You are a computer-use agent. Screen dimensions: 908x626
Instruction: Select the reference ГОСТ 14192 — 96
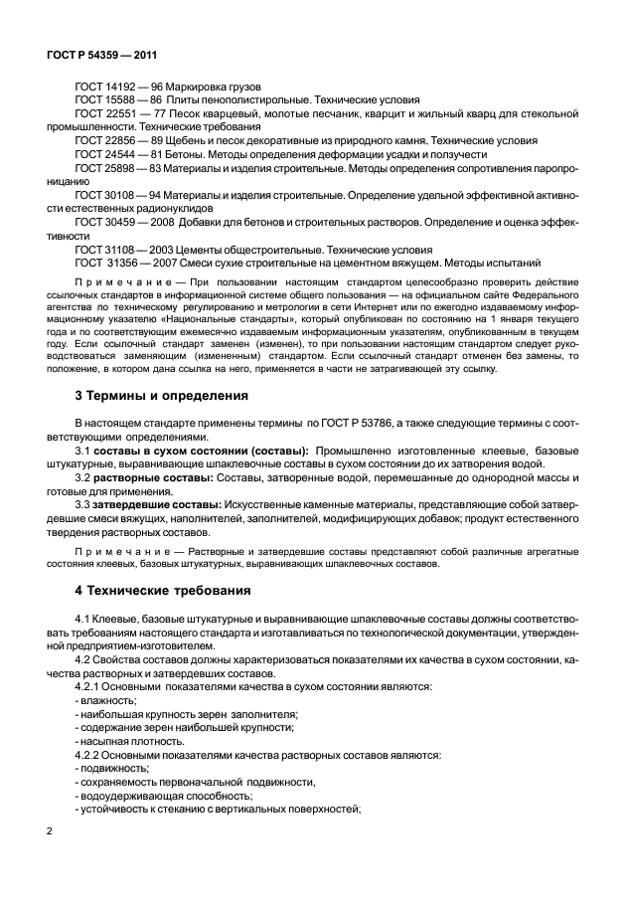click(x=116, y=86)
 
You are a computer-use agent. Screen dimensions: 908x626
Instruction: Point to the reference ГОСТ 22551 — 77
click(x=116, y=113)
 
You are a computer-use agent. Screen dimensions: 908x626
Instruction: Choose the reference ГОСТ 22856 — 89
click(x=116, y=141)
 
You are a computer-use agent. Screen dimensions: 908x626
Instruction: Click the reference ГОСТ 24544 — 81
click(x=116, y=155)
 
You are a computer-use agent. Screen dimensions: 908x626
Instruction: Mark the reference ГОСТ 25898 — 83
click(x=116, y=169)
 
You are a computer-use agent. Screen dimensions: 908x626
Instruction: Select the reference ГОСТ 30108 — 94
click(x=116, y=196)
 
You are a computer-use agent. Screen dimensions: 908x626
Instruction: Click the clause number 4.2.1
click(x=91, y=687)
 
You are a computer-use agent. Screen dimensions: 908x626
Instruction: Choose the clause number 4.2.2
click(x=91, y=755)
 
